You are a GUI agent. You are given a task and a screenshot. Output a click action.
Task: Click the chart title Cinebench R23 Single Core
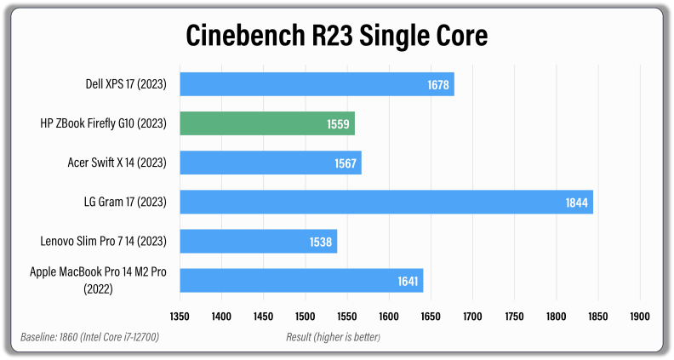[337, 36]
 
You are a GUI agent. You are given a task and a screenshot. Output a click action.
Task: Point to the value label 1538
[320, 241]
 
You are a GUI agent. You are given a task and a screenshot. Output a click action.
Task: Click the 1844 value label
[575, 202]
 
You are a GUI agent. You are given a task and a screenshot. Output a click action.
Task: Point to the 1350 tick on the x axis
[180, 316]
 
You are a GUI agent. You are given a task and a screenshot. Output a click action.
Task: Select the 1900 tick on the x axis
[638, 316]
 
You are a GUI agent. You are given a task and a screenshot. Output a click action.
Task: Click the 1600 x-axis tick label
[388, 316]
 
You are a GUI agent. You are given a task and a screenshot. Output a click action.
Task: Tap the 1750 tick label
[513, 316]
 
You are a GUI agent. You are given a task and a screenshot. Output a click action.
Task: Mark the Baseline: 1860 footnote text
[89, 338]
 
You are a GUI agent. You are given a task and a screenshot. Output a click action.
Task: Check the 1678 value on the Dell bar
[437, 84]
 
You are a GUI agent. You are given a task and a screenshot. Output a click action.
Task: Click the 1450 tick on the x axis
[263, 316]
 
